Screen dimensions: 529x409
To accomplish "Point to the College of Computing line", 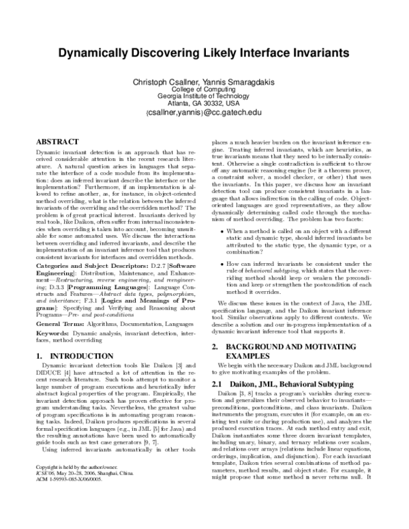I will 204,90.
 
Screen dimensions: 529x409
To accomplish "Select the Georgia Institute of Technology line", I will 204,97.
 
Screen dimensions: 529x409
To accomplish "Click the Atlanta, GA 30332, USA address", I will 204,104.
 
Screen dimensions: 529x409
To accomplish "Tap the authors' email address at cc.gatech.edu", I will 204,114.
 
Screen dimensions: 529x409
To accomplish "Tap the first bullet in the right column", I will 221,232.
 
